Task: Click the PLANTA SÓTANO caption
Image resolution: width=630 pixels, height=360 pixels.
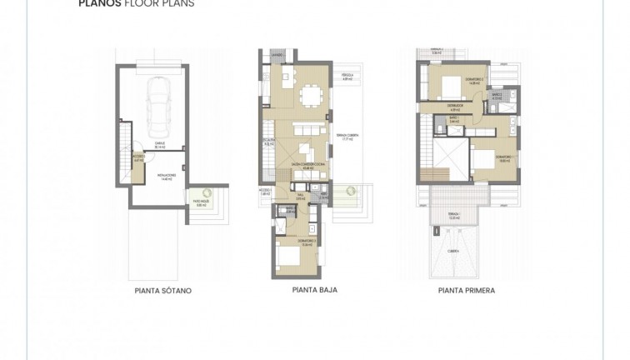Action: (162, 291)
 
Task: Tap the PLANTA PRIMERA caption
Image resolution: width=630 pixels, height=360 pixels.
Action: (467, 291)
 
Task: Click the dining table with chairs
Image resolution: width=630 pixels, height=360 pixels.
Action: (312, 93)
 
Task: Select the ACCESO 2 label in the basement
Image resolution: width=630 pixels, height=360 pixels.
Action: (138, 157)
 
